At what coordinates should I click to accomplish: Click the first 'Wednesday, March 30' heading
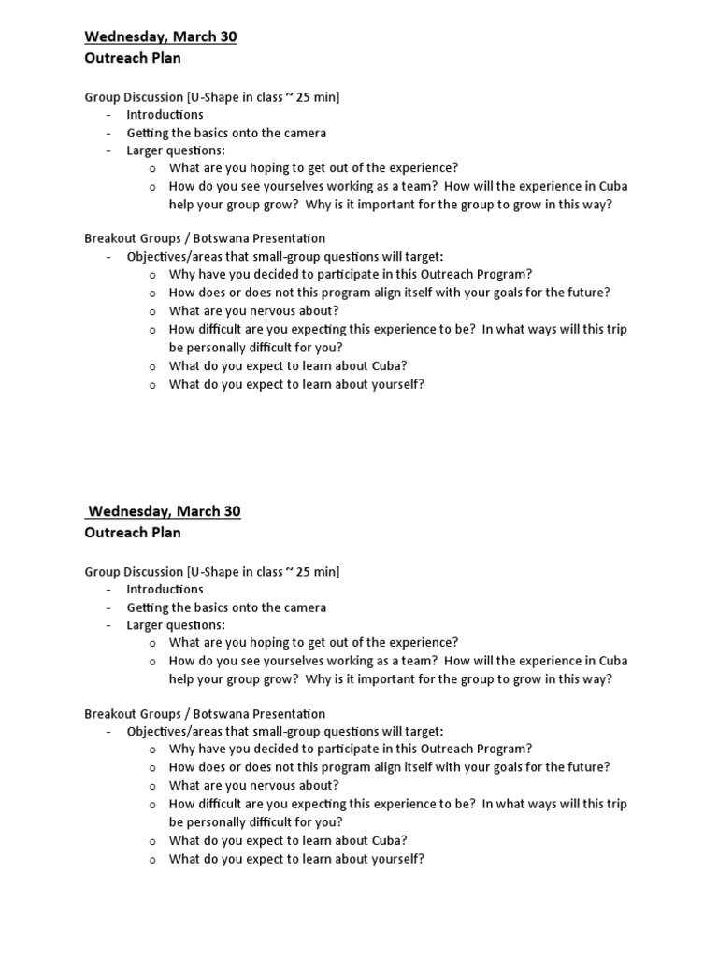point(161,36)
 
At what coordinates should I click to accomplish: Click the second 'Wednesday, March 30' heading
point(163,511)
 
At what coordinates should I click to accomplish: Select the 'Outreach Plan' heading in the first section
point(133,57)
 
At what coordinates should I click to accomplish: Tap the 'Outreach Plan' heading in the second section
point(133,532)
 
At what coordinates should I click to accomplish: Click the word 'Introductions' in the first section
point(165,114)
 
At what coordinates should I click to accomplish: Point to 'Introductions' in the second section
point(165,589)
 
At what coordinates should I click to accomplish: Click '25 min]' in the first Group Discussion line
point(317,96)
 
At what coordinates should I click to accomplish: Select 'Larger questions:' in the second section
point(176,624)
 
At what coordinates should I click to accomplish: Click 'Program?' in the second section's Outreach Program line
point(506,749)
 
